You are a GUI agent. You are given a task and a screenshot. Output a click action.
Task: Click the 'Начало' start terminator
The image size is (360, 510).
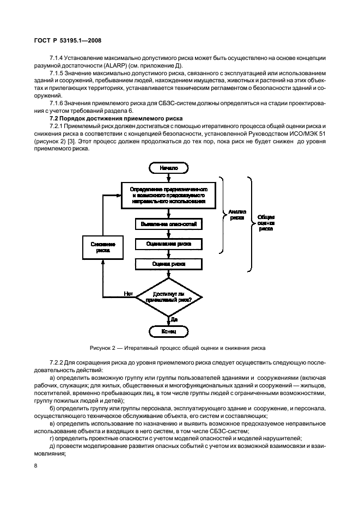(168, 168)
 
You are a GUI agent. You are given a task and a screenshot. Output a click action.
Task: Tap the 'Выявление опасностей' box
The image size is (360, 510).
(169, 223)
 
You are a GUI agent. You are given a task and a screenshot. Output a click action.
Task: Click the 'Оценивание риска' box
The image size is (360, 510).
(169, 244)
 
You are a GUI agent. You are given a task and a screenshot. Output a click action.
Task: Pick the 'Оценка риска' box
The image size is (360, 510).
(169, 264)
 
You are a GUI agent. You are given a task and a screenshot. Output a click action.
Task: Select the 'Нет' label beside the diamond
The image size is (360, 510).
(129, 293)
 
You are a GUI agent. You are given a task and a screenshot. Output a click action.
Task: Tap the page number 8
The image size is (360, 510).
(35, 466)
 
